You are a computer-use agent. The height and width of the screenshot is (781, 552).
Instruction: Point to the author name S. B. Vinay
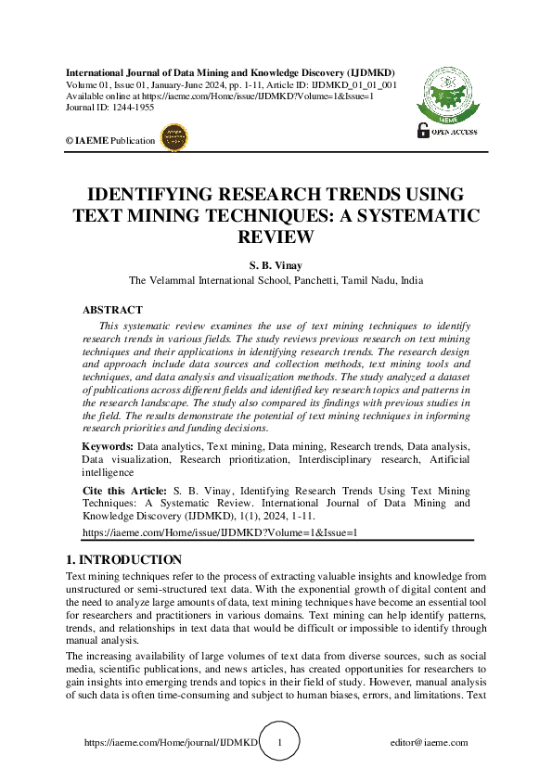pos(276,264)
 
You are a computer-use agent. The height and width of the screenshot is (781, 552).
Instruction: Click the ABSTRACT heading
pos(112,310)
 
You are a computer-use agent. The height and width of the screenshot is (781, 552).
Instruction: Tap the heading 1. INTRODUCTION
pos(123,559)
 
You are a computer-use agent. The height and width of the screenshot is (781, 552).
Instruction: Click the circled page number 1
pos(280,742)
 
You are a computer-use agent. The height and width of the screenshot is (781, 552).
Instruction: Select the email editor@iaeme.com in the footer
pos(430,743)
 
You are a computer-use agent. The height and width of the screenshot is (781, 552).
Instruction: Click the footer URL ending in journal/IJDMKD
pos(170,743)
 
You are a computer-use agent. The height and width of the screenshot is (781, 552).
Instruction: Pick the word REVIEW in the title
pos(276,237)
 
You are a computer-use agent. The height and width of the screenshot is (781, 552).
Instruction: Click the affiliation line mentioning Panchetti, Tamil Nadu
pos(276,280)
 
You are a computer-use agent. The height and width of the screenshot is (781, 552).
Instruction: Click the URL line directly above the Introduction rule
pos(220,533)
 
